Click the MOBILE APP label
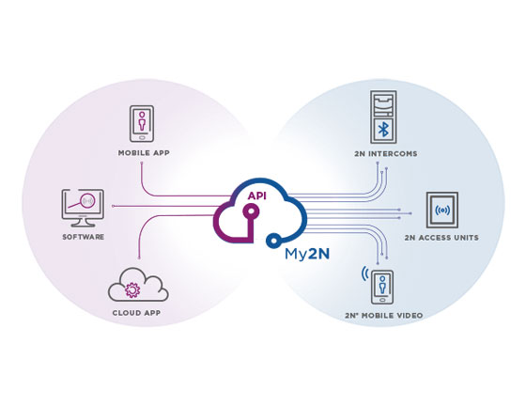[144, 153]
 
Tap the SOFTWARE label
[84, 237]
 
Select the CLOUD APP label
[136, 313]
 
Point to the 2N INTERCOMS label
[386, 154]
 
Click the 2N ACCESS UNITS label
[441, 238]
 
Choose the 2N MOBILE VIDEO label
[384, 316]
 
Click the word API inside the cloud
[257, 196]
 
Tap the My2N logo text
[307, 254]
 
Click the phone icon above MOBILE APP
[142, 123]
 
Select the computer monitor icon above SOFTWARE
[83, 208]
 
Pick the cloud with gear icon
[138, 285]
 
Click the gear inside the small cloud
[132, 289]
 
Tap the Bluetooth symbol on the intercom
[383, 130]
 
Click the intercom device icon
[383, 117]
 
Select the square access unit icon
[442, 210]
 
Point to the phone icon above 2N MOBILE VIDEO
[382, 288]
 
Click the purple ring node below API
[250, 211]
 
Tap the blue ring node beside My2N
[273, 241]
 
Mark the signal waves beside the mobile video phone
[364, 273]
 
